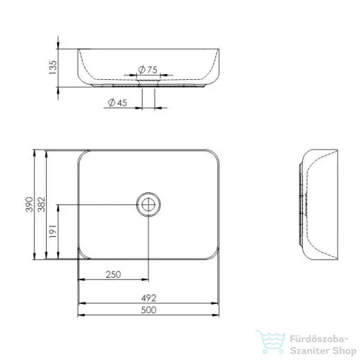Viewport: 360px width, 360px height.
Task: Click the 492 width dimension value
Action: [148, 297]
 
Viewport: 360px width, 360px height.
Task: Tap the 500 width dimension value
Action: [148, 310]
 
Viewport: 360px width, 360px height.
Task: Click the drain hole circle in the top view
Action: [148, 204]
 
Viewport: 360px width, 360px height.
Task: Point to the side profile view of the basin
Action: [317, 206]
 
